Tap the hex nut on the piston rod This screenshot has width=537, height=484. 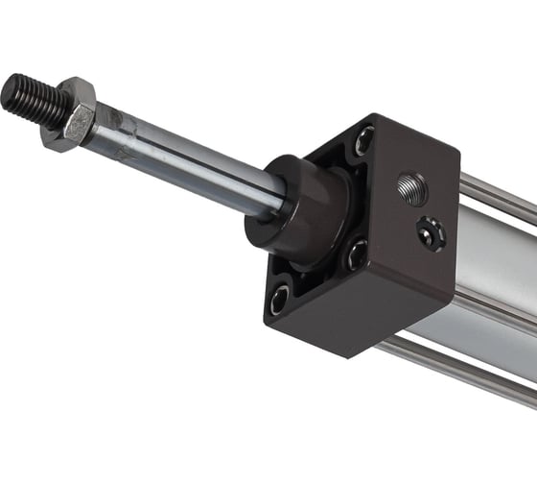click(x=69, y=116)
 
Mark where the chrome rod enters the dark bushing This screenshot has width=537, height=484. click(x=281, y=204)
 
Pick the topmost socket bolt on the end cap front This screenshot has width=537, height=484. click(x=365, y=141)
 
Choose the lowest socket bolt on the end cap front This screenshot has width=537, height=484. click(x=280, y=299)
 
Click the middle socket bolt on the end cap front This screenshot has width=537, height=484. click(x=357, y=254)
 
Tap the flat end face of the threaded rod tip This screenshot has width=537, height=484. click(x=12, y=91)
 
